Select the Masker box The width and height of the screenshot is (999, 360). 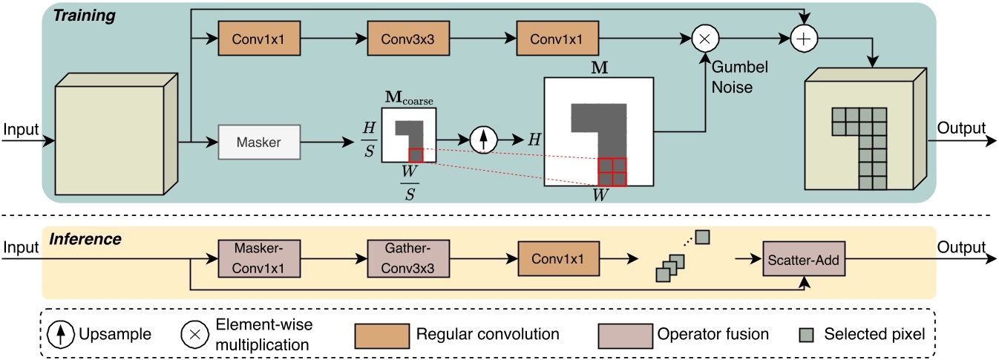pos(259,142)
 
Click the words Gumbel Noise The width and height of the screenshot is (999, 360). pos(739,76)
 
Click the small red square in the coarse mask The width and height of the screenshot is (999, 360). pos(416,154)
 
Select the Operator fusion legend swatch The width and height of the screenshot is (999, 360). pos(624,335)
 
